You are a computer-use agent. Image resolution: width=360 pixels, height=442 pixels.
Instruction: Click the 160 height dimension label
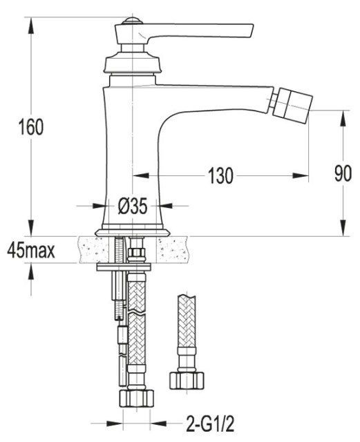click(31, 127)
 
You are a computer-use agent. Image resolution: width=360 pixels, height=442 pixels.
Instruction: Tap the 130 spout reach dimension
click(220, 175)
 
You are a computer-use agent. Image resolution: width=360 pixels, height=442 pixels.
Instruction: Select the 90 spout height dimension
click(343, 173)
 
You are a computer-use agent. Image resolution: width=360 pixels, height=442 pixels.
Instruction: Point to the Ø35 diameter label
click(133, 206)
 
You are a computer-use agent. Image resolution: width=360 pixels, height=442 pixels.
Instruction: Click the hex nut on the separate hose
click(187, 381)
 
